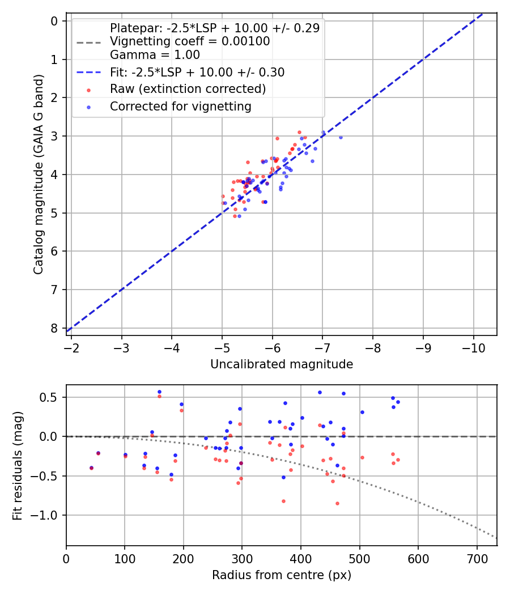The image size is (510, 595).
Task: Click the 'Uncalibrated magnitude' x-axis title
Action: tap(282, 364)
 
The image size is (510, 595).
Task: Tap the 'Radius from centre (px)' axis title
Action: tap(282, 575)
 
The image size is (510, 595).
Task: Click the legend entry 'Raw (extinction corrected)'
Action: tap(188, 89)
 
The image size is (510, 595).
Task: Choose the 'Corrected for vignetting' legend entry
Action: tap(180, 106)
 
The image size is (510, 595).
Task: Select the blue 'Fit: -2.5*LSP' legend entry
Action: tap(197, 73)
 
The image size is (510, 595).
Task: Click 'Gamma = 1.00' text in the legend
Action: tap(155, 55)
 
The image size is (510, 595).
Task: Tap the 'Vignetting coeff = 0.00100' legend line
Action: tap(190, 41)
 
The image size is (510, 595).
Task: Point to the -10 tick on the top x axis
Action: tap(473, 347)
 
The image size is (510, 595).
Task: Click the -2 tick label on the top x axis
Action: tap(71, 347)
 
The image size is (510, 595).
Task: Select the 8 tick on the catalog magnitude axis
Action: tap(54, 328)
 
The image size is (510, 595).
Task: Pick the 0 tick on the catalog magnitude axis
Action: tap(54, 22)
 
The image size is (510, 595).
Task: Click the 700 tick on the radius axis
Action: tap(477, 558)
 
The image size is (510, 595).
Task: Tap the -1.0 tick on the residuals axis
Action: tap(48, 515)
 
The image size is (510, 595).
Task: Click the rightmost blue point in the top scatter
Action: tap(341, 137)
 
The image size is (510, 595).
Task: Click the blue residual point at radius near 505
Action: tap(362, 412)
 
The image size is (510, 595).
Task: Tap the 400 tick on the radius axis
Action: tap(301, 558)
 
